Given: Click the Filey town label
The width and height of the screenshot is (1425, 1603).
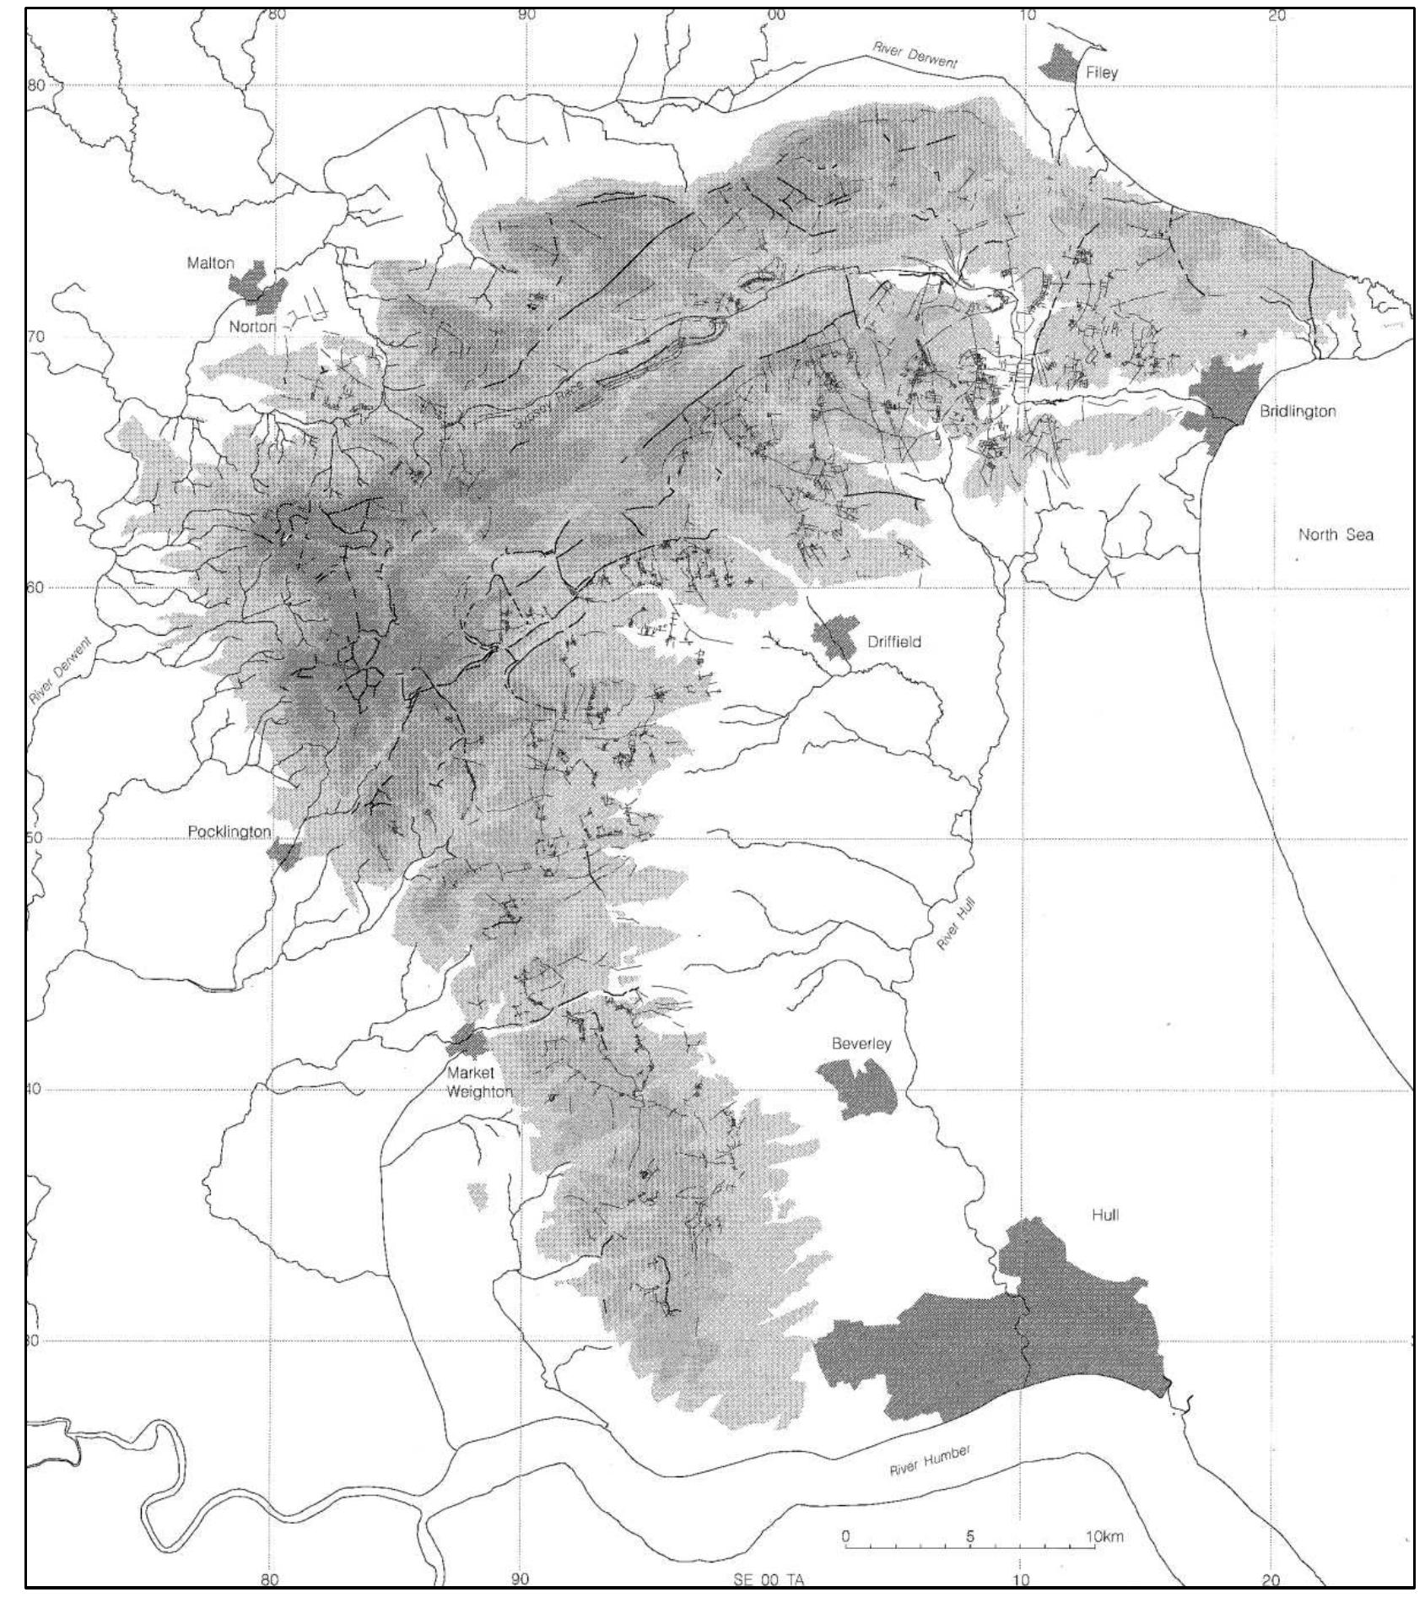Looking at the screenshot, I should pyautogui.click(x=1101, y=73).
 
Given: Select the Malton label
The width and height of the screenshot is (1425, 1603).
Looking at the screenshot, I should pyautogui.click(x=210, y=263).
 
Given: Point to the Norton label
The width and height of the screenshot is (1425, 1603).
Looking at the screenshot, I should pyautogui.click(x=252, y=327).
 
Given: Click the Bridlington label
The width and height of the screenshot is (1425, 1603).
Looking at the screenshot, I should pyautogui.click(x=1297, y=412).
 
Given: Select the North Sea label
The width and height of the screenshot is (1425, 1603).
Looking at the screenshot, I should pyautogui.click(x=1335, y=534).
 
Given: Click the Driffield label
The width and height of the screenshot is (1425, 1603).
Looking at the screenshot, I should pyautogui.click(x=893, y=642).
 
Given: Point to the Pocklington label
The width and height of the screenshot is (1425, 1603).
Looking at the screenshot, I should pyautogui.click(x=229, y=831).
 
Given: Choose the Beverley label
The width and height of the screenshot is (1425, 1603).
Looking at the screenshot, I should pyautogui.click(x=861, y=1044).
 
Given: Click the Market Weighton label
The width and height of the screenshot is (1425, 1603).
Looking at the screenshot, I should pyautogui.click(x=478, y=1083).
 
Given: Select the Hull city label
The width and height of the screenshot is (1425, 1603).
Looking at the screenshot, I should pyautogui.click(x=1104, y=1216).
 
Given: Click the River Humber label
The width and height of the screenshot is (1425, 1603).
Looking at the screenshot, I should pyautogui.click(x=930, y=1461).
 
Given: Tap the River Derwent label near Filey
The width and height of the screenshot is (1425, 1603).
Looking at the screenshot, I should pyautogui.click(x=915, y=57).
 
